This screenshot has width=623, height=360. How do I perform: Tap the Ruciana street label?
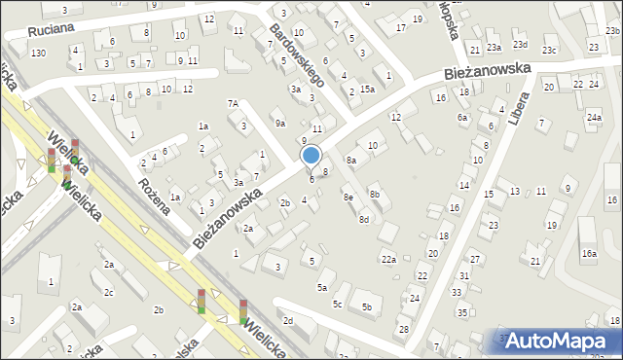click(52, 30)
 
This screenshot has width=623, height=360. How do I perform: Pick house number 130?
click(38, 53)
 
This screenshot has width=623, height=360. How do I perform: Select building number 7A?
click(233, 103)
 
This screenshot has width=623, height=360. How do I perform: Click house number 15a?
click(367, 89)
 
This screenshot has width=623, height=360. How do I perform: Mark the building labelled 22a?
click(388, 259)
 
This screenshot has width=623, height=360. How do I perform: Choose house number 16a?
click(589, 253)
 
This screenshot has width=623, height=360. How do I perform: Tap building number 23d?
click(521, 45)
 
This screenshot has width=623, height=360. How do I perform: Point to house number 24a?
click(594, 117)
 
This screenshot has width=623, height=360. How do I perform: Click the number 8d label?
click(363, 220)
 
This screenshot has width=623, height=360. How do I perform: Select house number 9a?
click(279, 123)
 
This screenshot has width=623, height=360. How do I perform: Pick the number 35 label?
click(461, 312)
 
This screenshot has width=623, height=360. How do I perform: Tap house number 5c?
click(338, 305)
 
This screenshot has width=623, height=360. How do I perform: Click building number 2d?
click(287, 320)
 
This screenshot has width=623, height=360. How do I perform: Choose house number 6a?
click(462, 117)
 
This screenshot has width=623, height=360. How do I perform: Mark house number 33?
click(457, 292)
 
